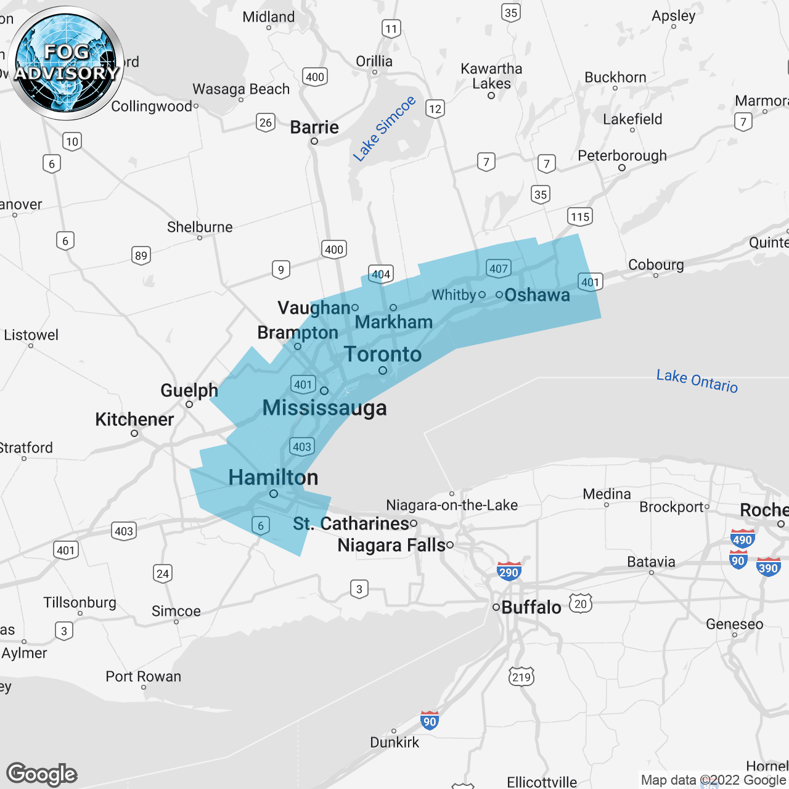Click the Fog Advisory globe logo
click(67, 63)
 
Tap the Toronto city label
click(382, 354)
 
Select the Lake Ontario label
click(697, 380)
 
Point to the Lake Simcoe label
click(384, 129)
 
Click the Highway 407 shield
click(498, 269)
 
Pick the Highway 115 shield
click(579, 216)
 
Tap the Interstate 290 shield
click(509, 571)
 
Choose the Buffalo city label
click(531, 608)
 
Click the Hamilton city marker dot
click(274, 494)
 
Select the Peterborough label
click(622, 156)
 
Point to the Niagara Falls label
click(391, 546)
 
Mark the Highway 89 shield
click(141, 256)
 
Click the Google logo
click(42, 774)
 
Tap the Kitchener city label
click(134, 420)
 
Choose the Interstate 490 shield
click(742, 539)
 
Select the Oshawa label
click(537, 295)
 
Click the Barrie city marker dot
click(314, 141)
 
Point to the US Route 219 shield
click(521, 677)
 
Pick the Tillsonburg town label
click(80, 602)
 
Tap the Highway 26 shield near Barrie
click(266, 122)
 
